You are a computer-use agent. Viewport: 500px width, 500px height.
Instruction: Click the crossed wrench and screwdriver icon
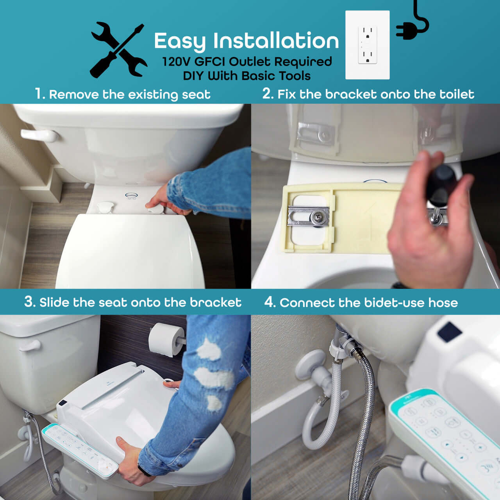pos(119,50)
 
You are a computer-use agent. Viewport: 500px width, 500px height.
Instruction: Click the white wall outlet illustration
pos(368,45)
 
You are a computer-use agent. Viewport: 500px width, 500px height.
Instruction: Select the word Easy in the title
pos(180,41)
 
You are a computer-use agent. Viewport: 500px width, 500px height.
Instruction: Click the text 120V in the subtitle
pos(177,62)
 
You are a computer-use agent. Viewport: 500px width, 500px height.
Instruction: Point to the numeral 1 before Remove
pos(39,93)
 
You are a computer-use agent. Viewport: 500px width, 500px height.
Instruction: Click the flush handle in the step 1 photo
pos(39,136)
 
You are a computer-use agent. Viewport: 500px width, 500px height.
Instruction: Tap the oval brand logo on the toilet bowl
pos(132,195)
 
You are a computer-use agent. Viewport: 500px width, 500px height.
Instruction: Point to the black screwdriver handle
pos(441,183)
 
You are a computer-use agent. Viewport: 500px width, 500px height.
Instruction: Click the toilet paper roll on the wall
pos(166,339)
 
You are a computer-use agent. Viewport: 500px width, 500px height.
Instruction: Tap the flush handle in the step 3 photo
pos(30,346)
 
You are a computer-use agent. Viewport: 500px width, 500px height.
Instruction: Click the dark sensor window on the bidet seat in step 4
pos(449,332)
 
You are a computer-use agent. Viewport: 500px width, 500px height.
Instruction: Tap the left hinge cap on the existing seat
pos(105,207)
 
